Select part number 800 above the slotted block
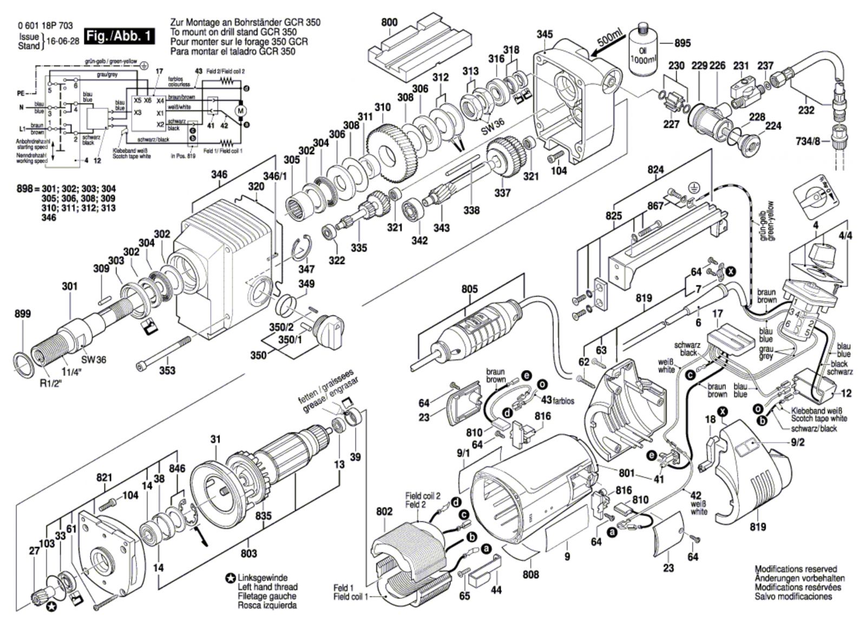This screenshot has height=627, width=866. [389, 22]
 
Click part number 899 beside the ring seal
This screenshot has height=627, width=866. [23, 314]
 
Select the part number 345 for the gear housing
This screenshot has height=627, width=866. [544, 34]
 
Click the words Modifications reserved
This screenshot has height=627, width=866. [796, 569]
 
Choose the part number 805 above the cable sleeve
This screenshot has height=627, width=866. [469, 289]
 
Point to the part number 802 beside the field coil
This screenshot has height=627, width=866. [384, 510]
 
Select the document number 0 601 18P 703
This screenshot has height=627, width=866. [45, 26]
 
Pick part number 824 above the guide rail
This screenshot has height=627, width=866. [655, 169]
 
